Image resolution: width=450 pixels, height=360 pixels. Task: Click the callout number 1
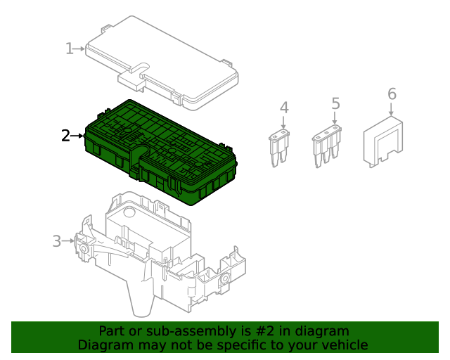(x=69, y=49)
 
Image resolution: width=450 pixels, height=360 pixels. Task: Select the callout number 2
(x=65, y=136)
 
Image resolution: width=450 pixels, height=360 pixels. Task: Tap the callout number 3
(x=57, y=241)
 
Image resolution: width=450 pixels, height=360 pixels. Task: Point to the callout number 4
(x=284, y=108)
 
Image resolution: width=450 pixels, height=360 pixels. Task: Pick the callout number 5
(x=335, y=103)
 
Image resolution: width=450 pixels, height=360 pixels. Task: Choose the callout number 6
(x=392, y=94)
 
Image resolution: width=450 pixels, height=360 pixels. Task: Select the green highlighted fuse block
(x=162, y=151)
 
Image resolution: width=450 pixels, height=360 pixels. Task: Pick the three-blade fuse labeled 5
(x=328, y=148)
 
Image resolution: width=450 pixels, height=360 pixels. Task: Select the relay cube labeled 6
(x=382, y=144)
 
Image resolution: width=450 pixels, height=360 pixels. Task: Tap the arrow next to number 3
(x=68, y=241)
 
